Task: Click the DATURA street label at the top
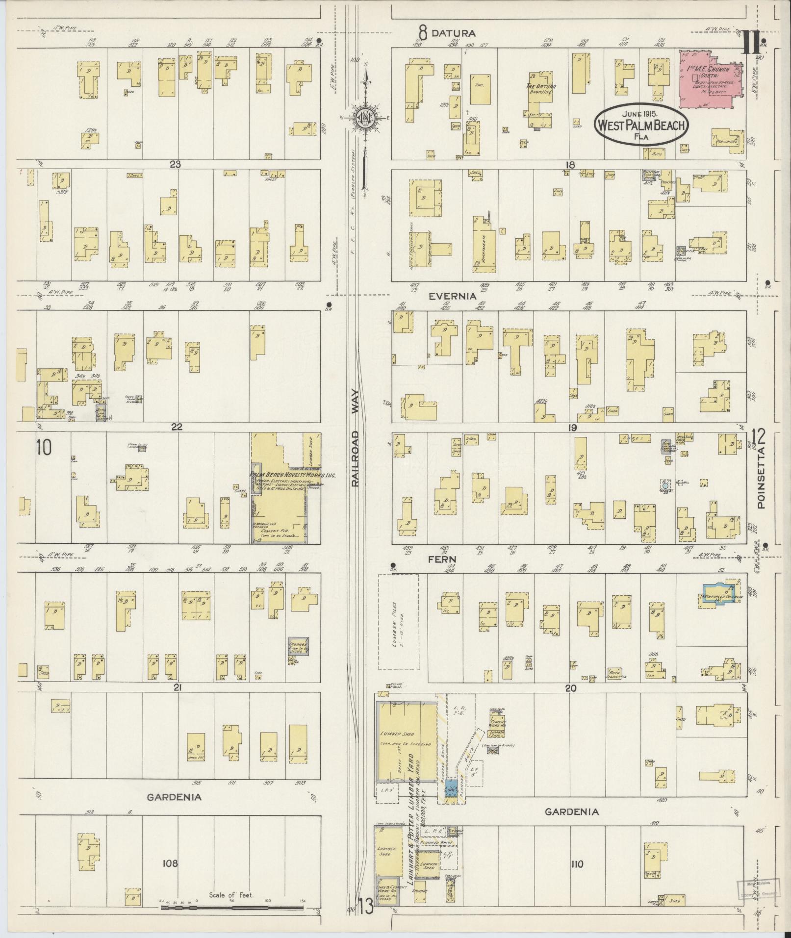point(453,33)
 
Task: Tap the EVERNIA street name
point(453,296)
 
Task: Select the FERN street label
point(443,559)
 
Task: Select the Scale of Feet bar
point(233,907)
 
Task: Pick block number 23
point(175,164)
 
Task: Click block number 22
point(177,427)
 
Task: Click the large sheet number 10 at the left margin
point(44,447)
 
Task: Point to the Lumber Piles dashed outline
point(398,622)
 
